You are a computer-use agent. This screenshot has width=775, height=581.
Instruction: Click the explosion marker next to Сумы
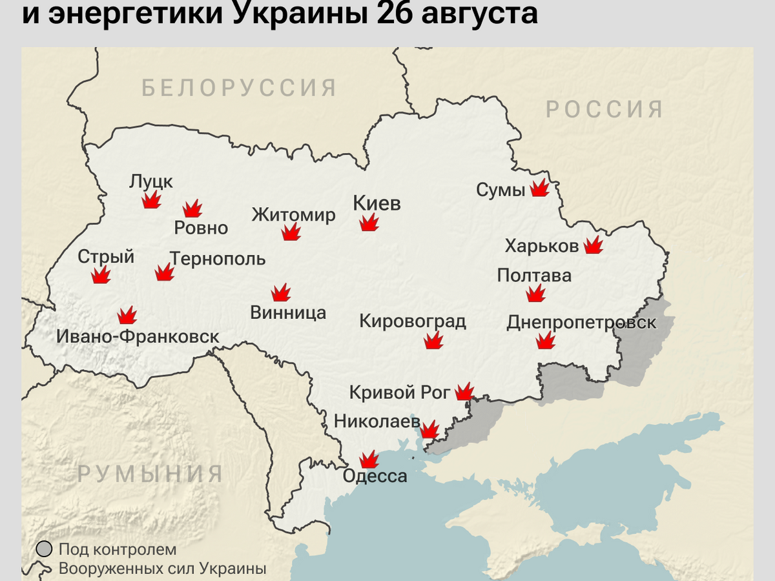[x=539, y=189]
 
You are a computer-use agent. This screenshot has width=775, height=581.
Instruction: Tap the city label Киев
[x=377, y=203]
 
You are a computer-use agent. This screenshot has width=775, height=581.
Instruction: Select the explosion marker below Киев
[x=369, y=223]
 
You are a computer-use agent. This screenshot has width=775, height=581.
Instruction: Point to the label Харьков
[x=541, y=246]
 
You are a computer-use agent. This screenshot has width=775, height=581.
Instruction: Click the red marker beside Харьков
[x=593, y=245]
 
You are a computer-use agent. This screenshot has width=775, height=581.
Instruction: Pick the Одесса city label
[x=375, y=476]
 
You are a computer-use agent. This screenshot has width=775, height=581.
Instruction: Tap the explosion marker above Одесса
[x=369, y=459]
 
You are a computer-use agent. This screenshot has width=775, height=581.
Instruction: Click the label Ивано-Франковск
[x=138, y=336]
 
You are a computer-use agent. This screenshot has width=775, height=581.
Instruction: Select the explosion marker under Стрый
[x=101, y=276]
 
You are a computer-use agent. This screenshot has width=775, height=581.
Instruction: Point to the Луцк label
[x=151, y=181]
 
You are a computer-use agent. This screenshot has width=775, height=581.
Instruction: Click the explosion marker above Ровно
[x=192, y=209]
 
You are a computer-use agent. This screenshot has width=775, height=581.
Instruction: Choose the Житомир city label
[x=293, y=214]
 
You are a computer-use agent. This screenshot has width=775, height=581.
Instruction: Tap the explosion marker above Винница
[x=281, y=293]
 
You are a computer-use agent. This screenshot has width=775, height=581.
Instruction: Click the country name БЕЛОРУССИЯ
[x=240, y=88]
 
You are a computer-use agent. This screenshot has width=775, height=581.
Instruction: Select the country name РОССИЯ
[x=604, y=109]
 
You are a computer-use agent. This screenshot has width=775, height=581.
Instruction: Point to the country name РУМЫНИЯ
[x=150, y=474]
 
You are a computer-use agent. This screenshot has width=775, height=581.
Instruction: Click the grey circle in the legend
[x=44, y=549]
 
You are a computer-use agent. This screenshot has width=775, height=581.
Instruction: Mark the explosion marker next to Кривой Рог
[x=464, y=391]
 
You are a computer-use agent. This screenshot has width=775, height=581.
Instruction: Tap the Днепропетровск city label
[x=581, y=322]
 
